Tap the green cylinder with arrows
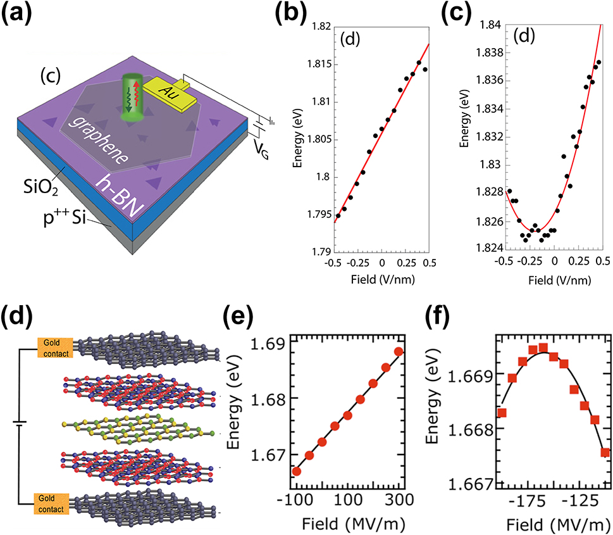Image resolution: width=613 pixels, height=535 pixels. (132, 99)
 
